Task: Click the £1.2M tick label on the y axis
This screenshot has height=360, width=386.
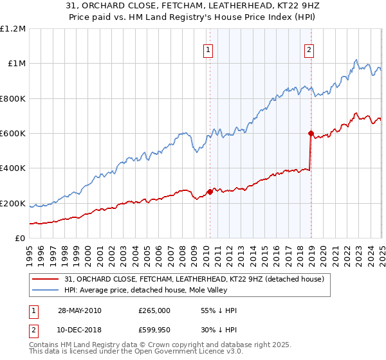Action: point(13,28)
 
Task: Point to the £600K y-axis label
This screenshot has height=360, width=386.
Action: point(13,133)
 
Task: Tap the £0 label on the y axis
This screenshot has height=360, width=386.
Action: point(19,238)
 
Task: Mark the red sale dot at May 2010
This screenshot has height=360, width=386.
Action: point(210,192)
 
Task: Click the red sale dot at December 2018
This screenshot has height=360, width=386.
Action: point(310,134)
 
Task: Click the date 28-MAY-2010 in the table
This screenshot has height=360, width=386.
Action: point(80,310)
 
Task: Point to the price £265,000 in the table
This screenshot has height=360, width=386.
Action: point(154,310)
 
